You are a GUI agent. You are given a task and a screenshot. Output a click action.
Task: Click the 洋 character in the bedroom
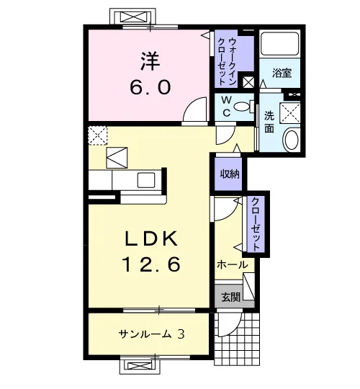(x=150, y=61)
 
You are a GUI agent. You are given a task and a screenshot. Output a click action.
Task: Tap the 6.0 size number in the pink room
(x=150, y=87)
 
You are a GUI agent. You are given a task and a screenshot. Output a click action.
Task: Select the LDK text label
(x=151, y=238)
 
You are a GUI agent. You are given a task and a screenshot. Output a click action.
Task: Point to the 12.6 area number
(x=151, y=264)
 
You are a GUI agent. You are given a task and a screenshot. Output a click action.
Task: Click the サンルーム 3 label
(x=151, y=334)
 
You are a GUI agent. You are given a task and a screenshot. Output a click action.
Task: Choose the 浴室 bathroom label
(x=282, y=73)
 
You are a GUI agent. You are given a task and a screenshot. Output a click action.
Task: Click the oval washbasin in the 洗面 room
(x=292, y=139)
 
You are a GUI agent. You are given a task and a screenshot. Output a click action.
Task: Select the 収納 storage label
(x=230, y=174)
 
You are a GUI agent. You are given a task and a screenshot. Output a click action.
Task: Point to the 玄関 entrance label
(x=231, y=297)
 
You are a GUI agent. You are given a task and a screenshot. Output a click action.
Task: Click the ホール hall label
(x=233, y=265)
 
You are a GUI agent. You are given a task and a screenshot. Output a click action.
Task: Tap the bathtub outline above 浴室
(x=280, y=43)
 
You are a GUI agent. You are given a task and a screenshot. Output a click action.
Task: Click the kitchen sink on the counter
(x=147, y=180)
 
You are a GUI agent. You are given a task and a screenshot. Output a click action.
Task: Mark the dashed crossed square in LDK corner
(x=98, y=135)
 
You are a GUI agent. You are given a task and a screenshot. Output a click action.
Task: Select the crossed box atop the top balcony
(x=132, y=17)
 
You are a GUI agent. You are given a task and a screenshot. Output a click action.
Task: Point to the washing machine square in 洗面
(x=290, y=112)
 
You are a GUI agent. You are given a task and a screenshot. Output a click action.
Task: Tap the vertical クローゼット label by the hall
(x=256, y=224)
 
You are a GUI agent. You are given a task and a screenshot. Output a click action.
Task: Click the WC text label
(x=226, y=107)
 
